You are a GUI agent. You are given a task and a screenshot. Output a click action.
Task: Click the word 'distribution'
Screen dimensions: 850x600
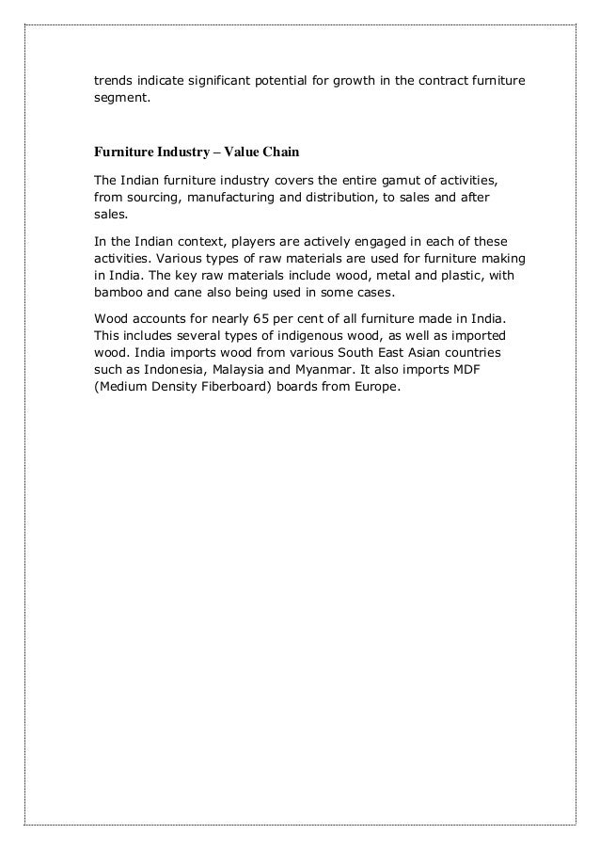pos(360,198)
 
